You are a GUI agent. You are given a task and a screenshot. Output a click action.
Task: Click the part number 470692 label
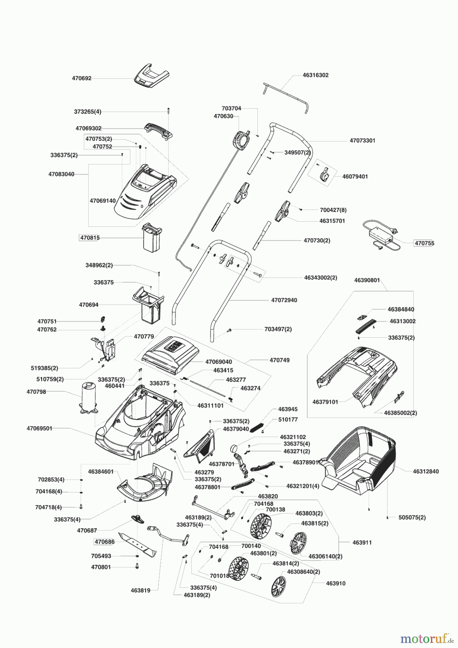coord(81,78)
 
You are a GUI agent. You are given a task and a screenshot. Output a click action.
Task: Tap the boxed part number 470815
coord(89,238)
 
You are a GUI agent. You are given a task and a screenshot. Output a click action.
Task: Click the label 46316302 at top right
coord(315,75)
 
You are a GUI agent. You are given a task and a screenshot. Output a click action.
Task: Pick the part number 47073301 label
coord(362,140)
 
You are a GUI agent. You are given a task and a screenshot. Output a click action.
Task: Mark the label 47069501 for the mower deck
coord(39,428)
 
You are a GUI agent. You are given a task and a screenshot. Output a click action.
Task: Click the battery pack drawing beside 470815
coord(151,237)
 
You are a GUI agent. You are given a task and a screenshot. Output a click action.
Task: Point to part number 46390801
coord(367,280)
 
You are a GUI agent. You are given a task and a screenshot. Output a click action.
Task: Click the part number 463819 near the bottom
coord(140,590)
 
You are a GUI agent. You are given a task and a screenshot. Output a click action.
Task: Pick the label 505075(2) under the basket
coord(412,517)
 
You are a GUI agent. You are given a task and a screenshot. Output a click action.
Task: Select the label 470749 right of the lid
coord(279,360)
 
